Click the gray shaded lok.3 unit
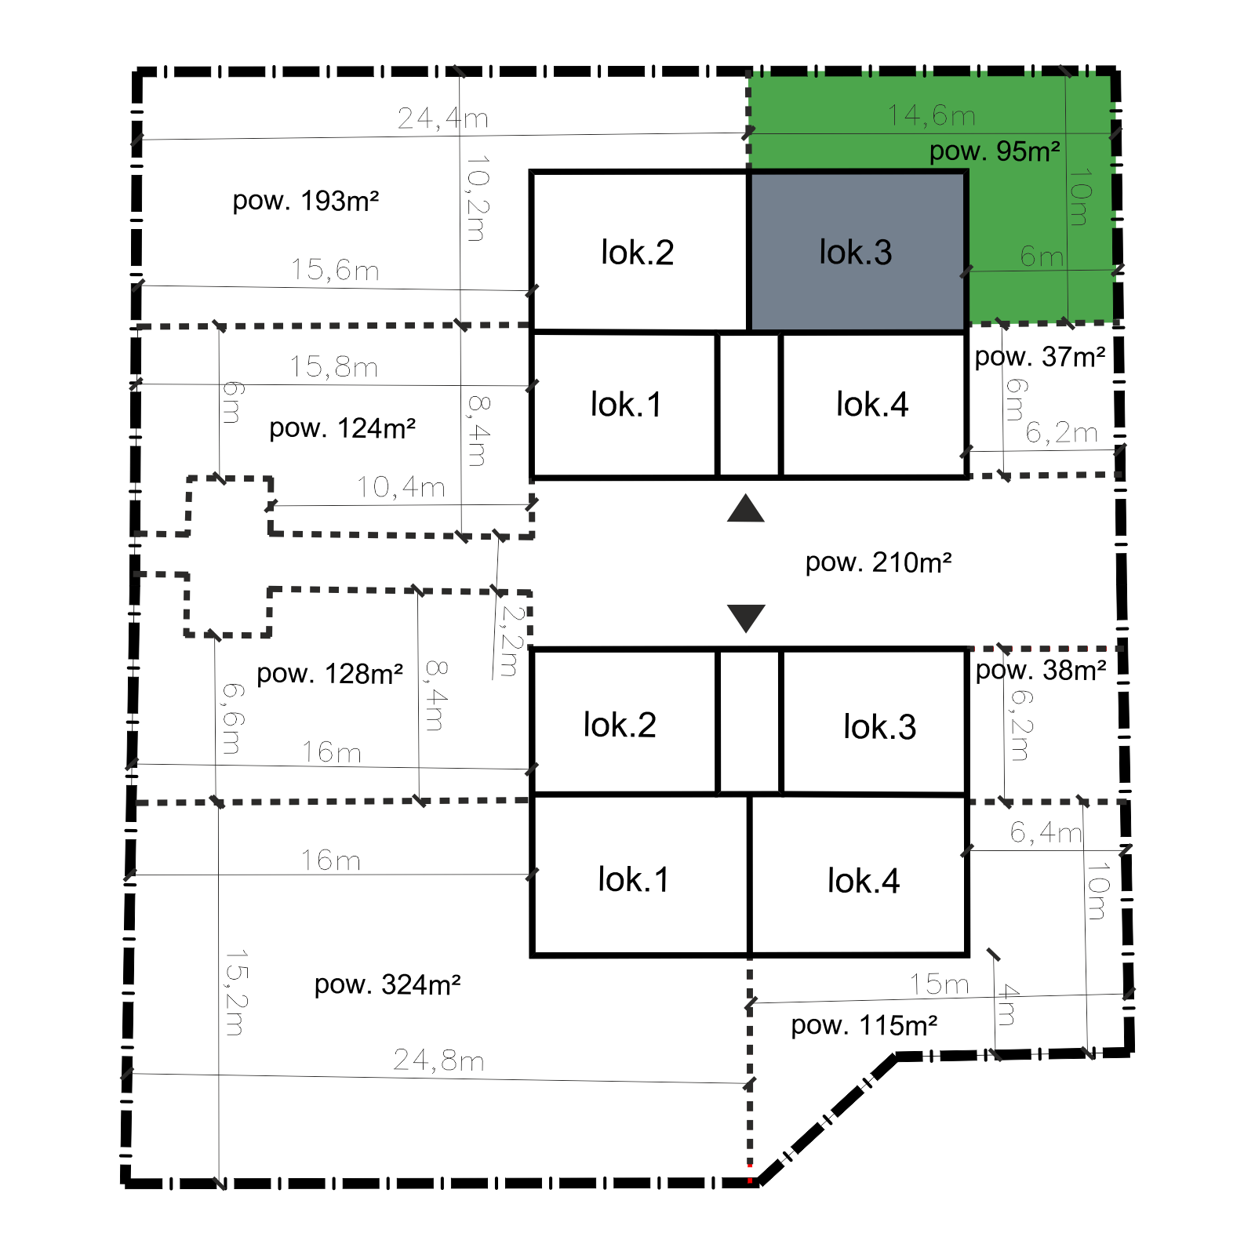[x=857, y=252]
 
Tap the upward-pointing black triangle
[x=746, y=509]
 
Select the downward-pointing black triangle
[x=746, y=618]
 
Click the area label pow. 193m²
[x=306, y=202]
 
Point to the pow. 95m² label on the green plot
[x=995, y=151]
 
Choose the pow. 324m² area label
[x=387, y=985]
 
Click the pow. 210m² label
[x=878, y=562]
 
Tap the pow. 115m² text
[x=864, y=1025]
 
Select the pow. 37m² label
[x=1040, y=358]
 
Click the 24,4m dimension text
[x=443, y=118]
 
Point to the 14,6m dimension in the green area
[x=932, y=116]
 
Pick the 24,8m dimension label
[x=439, y=1060]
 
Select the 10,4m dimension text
[x=402, y=487]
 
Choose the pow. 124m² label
[x=343, y=429]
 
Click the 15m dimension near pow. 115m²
[x=940, y=984]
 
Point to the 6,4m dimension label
[x=1046, y=832]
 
